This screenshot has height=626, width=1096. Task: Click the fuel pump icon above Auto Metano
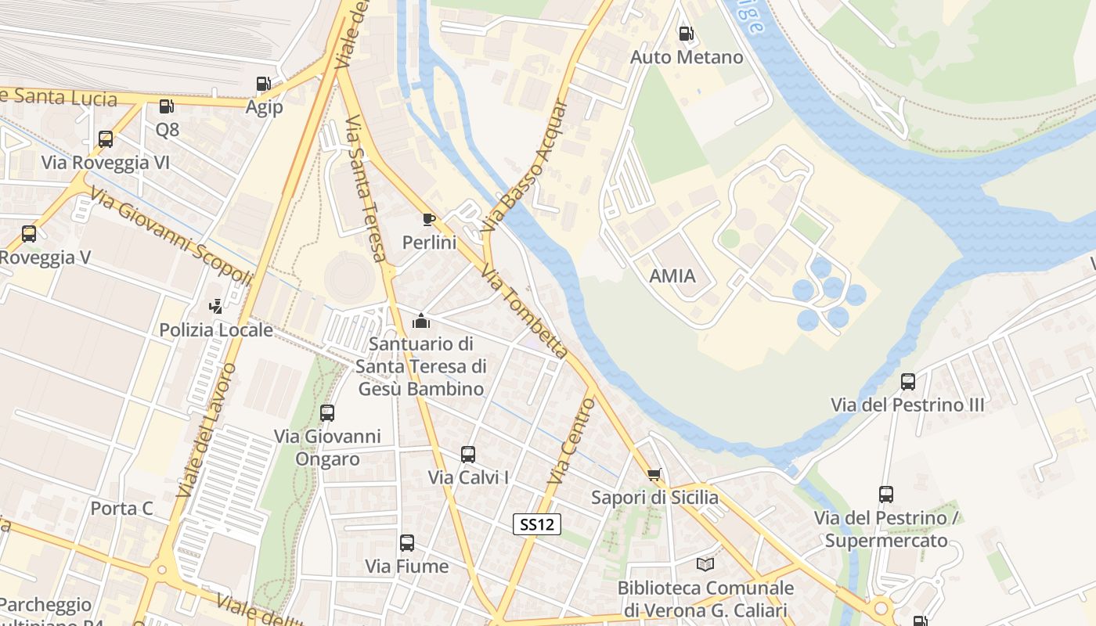click(686, 34)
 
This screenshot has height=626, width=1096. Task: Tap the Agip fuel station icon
click(263, 84)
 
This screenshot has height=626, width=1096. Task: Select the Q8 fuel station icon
click(166, 106)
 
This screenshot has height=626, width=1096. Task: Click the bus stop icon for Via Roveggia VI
click(106, 139)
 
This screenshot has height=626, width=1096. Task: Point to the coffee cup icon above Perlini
click(428, 219)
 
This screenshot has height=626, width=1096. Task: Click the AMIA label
click(672, 275)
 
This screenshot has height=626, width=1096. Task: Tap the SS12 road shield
click(537, 524)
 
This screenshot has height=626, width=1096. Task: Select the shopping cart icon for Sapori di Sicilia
click(654, 474)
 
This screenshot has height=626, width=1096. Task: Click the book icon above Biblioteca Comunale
click(705, 564)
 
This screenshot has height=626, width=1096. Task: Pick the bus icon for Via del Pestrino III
click(908, 382)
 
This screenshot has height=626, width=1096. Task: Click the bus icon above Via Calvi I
click(468, 454)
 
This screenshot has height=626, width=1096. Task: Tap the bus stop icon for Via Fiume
click(407, 543)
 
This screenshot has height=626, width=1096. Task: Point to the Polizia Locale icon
click(216, 307)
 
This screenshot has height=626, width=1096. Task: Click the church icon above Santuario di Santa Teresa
click(421, 320)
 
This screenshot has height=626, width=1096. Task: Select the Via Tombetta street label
click(524, 311)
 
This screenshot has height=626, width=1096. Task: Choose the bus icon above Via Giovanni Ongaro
click(327, 412)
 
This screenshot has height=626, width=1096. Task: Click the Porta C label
click(121, 509)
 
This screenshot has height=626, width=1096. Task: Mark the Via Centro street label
click(572, 441)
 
